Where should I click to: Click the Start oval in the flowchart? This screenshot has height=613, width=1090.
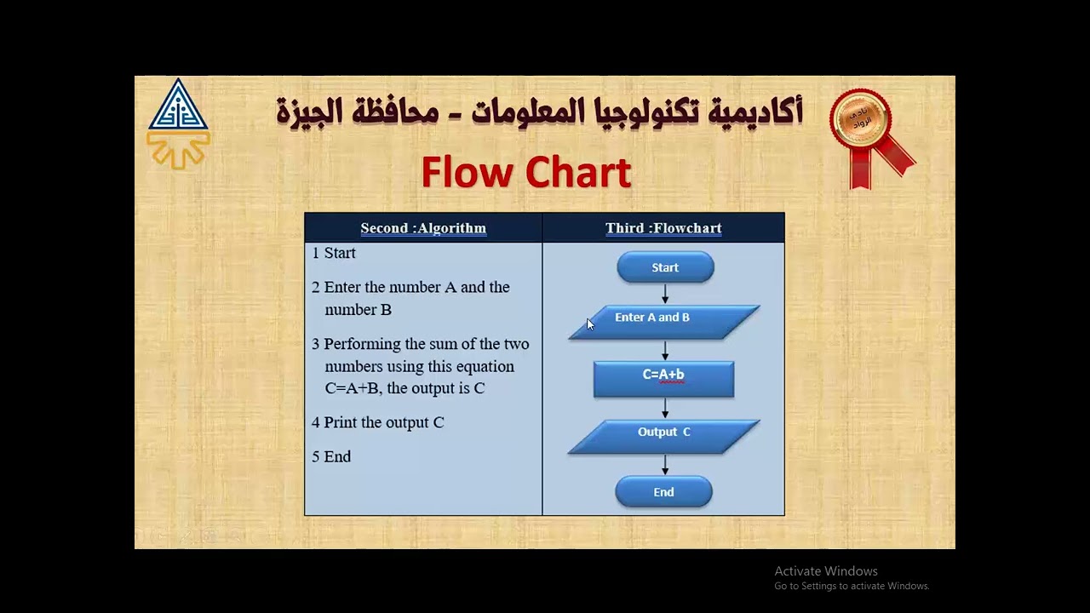665,267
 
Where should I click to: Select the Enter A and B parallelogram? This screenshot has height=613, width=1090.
663,322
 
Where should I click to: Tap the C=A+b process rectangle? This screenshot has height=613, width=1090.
663,379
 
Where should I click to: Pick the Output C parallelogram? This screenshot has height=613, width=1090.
663,436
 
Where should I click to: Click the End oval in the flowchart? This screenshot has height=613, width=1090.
663,492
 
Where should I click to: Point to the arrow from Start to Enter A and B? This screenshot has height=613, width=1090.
665,294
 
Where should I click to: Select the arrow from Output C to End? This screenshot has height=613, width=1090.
665,465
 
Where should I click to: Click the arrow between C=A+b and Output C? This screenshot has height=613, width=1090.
665,409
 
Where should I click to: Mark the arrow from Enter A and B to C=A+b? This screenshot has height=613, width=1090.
665,350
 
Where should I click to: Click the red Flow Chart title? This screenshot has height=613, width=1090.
525,173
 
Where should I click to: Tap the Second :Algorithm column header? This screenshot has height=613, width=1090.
423,228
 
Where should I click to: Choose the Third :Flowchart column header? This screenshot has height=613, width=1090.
663,228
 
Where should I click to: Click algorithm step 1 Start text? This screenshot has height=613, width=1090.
334,253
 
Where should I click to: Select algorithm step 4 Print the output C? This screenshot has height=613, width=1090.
378,422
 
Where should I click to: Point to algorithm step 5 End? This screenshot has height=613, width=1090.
331,456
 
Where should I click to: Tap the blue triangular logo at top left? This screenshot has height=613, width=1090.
178,109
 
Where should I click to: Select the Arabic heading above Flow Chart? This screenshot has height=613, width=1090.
539,112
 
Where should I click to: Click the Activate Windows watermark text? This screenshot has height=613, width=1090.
826,571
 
